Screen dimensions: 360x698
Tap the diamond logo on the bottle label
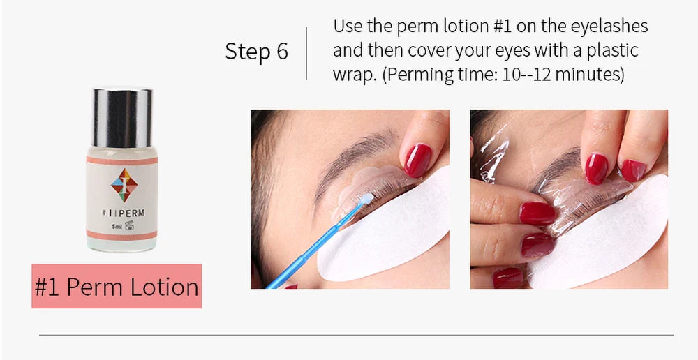tap(124, 184)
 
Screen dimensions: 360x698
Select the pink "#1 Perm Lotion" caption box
tap(117, 286)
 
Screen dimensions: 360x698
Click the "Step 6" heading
tap(256, 52)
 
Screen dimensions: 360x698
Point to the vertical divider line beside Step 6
tap(307, 53)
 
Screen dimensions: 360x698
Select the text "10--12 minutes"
tap(560, 74)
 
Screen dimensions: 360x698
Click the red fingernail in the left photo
tap(418, 160)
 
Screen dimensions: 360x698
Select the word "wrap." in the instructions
tap(355, 74)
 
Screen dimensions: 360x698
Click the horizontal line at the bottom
tap(356, 335)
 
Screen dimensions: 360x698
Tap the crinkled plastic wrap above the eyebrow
tap(492, 150)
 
